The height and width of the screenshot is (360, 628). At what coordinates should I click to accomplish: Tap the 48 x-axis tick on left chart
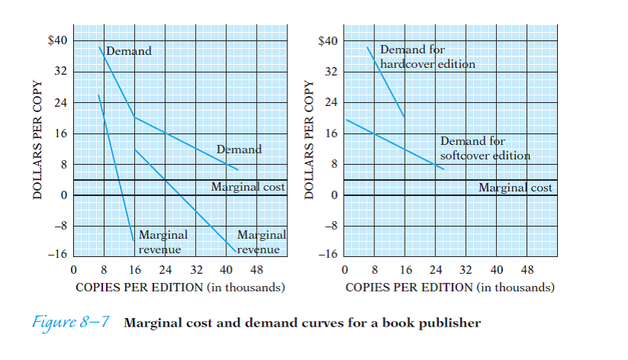(x=256, y=271)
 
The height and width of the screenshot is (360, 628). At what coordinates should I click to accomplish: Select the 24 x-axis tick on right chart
(x=436, y=271)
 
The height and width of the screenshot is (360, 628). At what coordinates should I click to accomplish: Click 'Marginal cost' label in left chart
(x=248, y=187)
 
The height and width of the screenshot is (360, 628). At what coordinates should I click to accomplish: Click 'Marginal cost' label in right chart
(x=515, y=187)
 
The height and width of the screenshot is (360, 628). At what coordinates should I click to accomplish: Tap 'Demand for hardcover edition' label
(x=427, y=57)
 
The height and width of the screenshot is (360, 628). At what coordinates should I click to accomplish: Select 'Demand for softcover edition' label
(x=485, y=149)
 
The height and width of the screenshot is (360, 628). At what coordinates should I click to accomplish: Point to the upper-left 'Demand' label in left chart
(x=129, y=51)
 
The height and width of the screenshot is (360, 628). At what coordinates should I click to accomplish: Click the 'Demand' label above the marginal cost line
(x=239, y=149)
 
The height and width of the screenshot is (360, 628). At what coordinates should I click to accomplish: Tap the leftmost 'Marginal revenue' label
(x=162, y=242)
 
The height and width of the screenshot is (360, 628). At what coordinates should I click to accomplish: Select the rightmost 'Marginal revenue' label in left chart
(x=260, y=242)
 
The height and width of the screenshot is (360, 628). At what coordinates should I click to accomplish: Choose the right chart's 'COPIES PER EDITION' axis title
(x=450, y=288)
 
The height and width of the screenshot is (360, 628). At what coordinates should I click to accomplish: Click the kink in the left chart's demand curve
(x=134, y=117)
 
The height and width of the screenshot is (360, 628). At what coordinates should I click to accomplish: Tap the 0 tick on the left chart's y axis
(x=65, y=195)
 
